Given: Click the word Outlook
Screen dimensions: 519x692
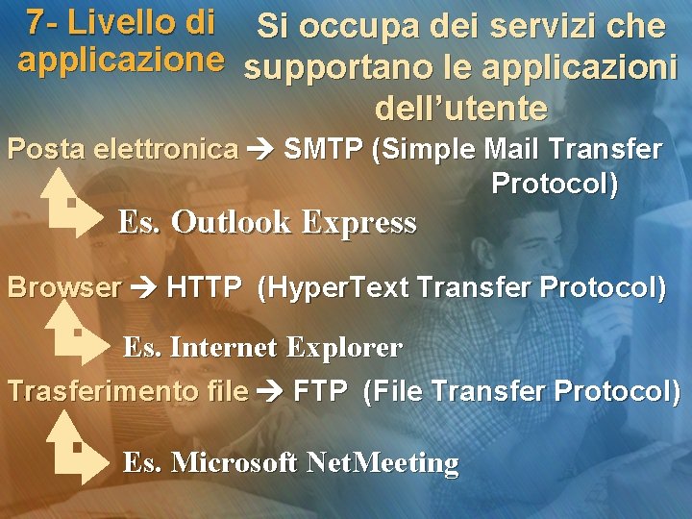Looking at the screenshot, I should point(231,223).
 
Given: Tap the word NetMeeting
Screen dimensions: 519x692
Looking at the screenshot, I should point(382,463).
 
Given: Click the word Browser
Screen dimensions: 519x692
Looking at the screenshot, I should point(64,287).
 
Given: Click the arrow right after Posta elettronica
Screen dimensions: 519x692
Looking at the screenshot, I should point(260,150).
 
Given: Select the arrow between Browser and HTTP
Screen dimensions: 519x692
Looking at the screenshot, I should point(144,287).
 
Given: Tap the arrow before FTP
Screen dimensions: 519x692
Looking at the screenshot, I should point(270,391).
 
